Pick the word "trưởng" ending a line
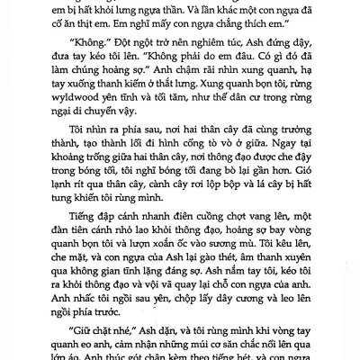pyautogui.click(x=287, y=147)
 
